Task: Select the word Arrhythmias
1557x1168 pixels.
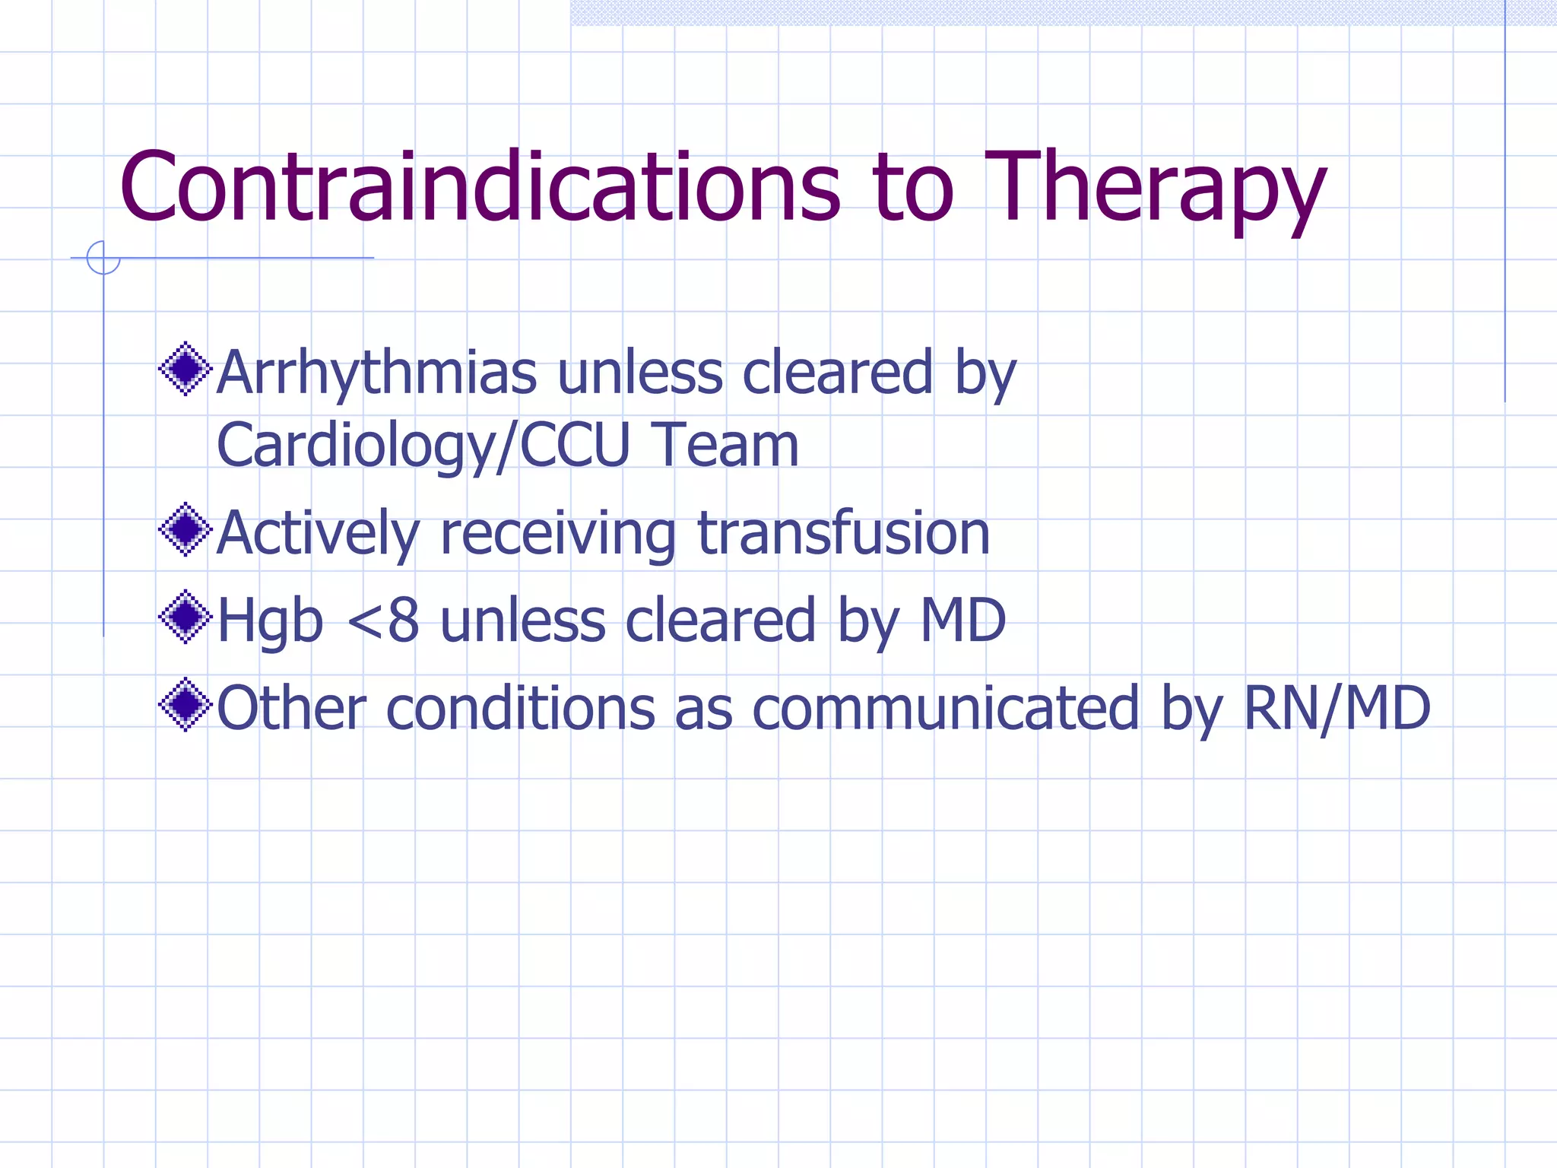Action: click(x=376, y=373)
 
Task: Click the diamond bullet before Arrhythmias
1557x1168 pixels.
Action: click(x=185, y=369)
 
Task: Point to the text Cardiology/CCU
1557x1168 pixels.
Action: click(x=423, y=446)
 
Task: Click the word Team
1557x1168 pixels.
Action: click(x=726, y=446)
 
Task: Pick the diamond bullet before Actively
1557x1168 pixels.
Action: click(x=185, y=529)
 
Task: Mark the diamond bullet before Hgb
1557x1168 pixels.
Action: click(x=185, y=617)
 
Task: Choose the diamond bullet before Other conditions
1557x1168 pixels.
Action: click(x=185, y=705)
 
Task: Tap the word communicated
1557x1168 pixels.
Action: click(x=946, y=709)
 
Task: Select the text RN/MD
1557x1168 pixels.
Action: click(x=1337, y=709)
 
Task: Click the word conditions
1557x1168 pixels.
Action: click(x=520, y=709)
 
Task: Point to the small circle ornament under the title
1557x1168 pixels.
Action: click(x=103, y=258)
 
